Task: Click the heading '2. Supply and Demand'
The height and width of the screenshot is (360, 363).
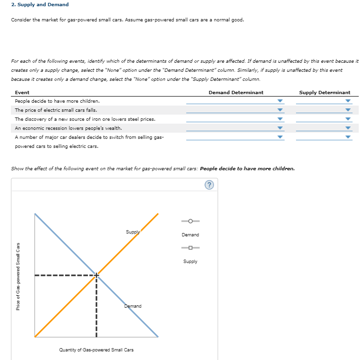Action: [40, 5]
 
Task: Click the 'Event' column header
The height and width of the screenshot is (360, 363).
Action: [22, 92]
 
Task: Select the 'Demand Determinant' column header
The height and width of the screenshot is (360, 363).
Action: [236, 92]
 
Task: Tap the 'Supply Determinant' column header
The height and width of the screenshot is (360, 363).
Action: [325, 92]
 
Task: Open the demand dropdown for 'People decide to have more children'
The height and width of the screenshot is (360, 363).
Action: [235, 101]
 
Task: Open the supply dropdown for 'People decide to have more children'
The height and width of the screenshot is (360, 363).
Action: [324, 101]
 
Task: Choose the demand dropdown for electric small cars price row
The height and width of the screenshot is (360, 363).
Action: [235, 110]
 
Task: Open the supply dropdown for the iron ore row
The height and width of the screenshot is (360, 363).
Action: [324, 119]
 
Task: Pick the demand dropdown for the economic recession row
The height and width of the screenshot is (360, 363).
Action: [235, 128]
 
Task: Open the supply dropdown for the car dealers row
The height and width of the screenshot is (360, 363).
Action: [324, 137]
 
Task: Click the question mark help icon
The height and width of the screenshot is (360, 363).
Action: [210, 185]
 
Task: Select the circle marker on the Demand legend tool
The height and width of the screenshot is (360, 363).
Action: [190, 221]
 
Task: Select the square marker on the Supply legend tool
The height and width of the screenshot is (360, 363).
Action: [190, 248]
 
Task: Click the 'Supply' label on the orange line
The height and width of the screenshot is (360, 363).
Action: [133, 232]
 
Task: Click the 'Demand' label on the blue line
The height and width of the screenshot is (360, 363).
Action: [133, 306]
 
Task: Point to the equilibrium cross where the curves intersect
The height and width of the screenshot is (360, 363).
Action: [96, 275]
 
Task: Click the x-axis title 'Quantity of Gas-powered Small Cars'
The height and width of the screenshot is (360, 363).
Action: [96, 350]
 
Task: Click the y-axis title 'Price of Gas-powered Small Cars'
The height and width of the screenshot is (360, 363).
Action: [19, 277]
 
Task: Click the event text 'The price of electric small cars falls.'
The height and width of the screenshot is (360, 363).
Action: [56, 110]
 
